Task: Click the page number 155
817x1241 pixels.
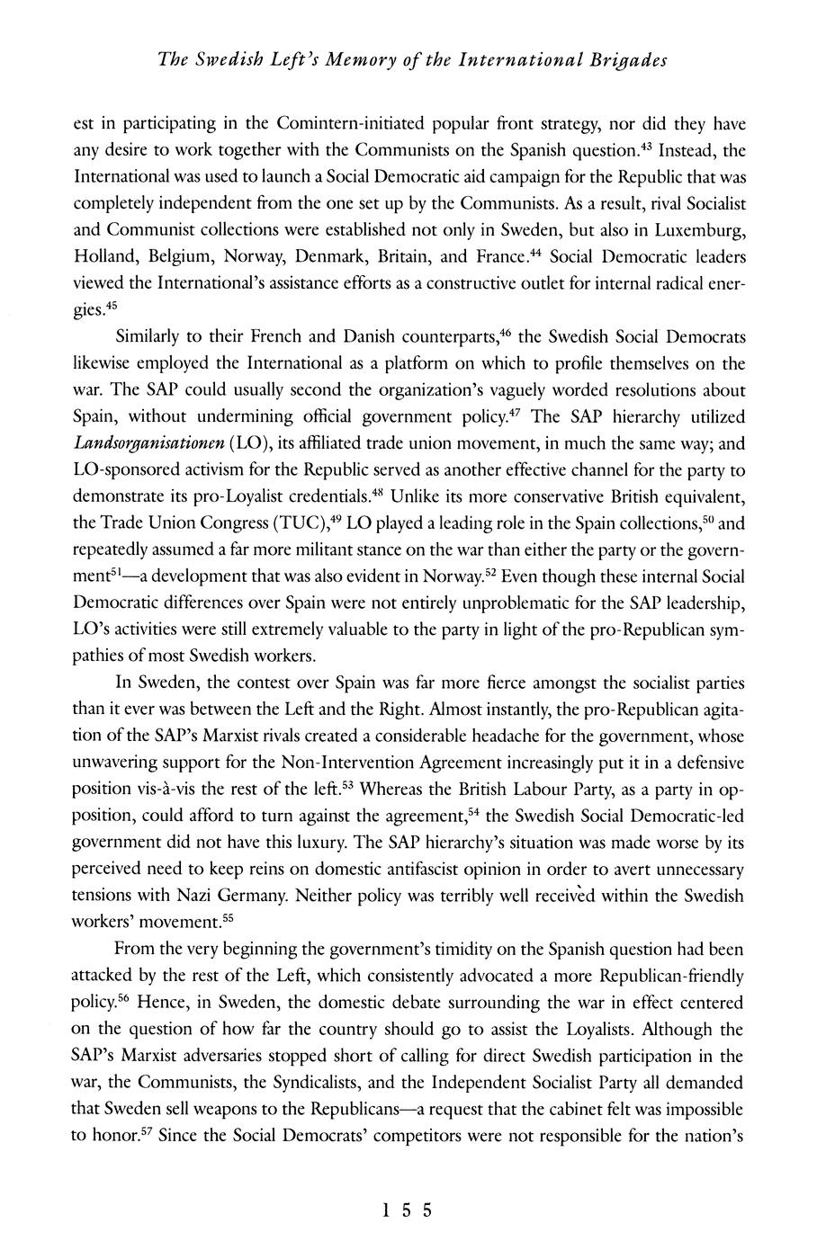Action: tap(408, 1210)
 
